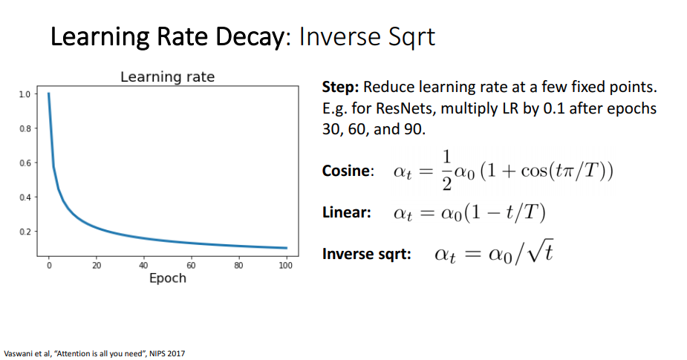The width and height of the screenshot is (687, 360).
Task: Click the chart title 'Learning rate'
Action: [167, 77]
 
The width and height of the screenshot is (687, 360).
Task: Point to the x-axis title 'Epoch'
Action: [167, 278]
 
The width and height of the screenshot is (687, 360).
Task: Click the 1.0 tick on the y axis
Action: [25, 94]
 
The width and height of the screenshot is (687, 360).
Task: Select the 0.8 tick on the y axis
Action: [25, 128]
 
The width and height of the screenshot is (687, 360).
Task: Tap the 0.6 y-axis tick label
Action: [25, 163]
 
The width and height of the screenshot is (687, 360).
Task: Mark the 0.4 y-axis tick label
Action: [25, 197]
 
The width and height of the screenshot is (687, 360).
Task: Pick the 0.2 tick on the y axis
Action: [25, 232]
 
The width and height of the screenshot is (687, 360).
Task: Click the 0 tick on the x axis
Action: [48, 265]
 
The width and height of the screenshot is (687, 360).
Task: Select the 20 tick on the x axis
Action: [96, 265]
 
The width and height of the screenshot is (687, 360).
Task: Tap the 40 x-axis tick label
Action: [143, 265]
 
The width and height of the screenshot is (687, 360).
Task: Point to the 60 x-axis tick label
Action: [191, 265]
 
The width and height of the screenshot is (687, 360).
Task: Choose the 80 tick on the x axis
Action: [238, 265]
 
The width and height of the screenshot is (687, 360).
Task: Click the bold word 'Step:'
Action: [341, 88]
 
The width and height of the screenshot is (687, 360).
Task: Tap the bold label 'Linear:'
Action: [346, 213]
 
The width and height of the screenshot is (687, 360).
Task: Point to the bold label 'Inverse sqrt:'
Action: [367, 255]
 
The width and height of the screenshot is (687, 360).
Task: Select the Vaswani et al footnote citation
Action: [94, 353]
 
